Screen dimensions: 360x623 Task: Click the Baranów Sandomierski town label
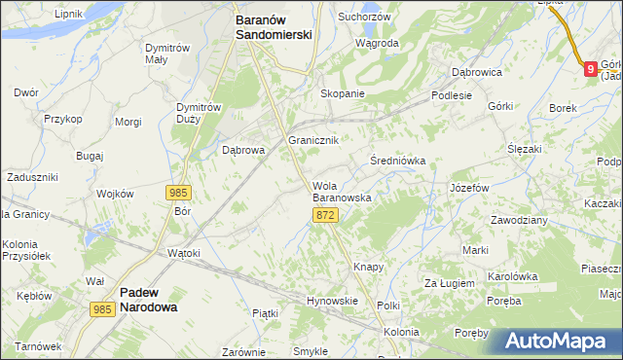click(x=274, y=25)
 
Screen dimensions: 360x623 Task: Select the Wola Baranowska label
click(x=341, y=191)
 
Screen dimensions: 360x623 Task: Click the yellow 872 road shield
click(x=326, y=215)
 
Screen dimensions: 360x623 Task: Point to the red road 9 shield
click(x=590, y=66)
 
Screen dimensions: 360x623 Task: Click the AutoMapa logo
click(x=561, y=341)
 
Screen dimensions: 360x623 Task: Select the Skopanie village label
click(x=343, y=93)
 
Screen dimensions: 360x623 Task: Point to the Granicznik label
click(x=313, y=140)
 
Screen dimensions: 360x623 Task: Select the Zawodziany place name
click(x=519, y=220)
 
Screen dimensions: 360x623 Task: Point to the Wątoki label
click(x=183, y=253)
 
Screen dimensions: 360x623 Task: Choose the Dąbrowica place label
click(x=476, y=71)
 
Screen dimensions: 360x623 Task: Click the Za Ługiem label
click(x=449, y=283)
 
